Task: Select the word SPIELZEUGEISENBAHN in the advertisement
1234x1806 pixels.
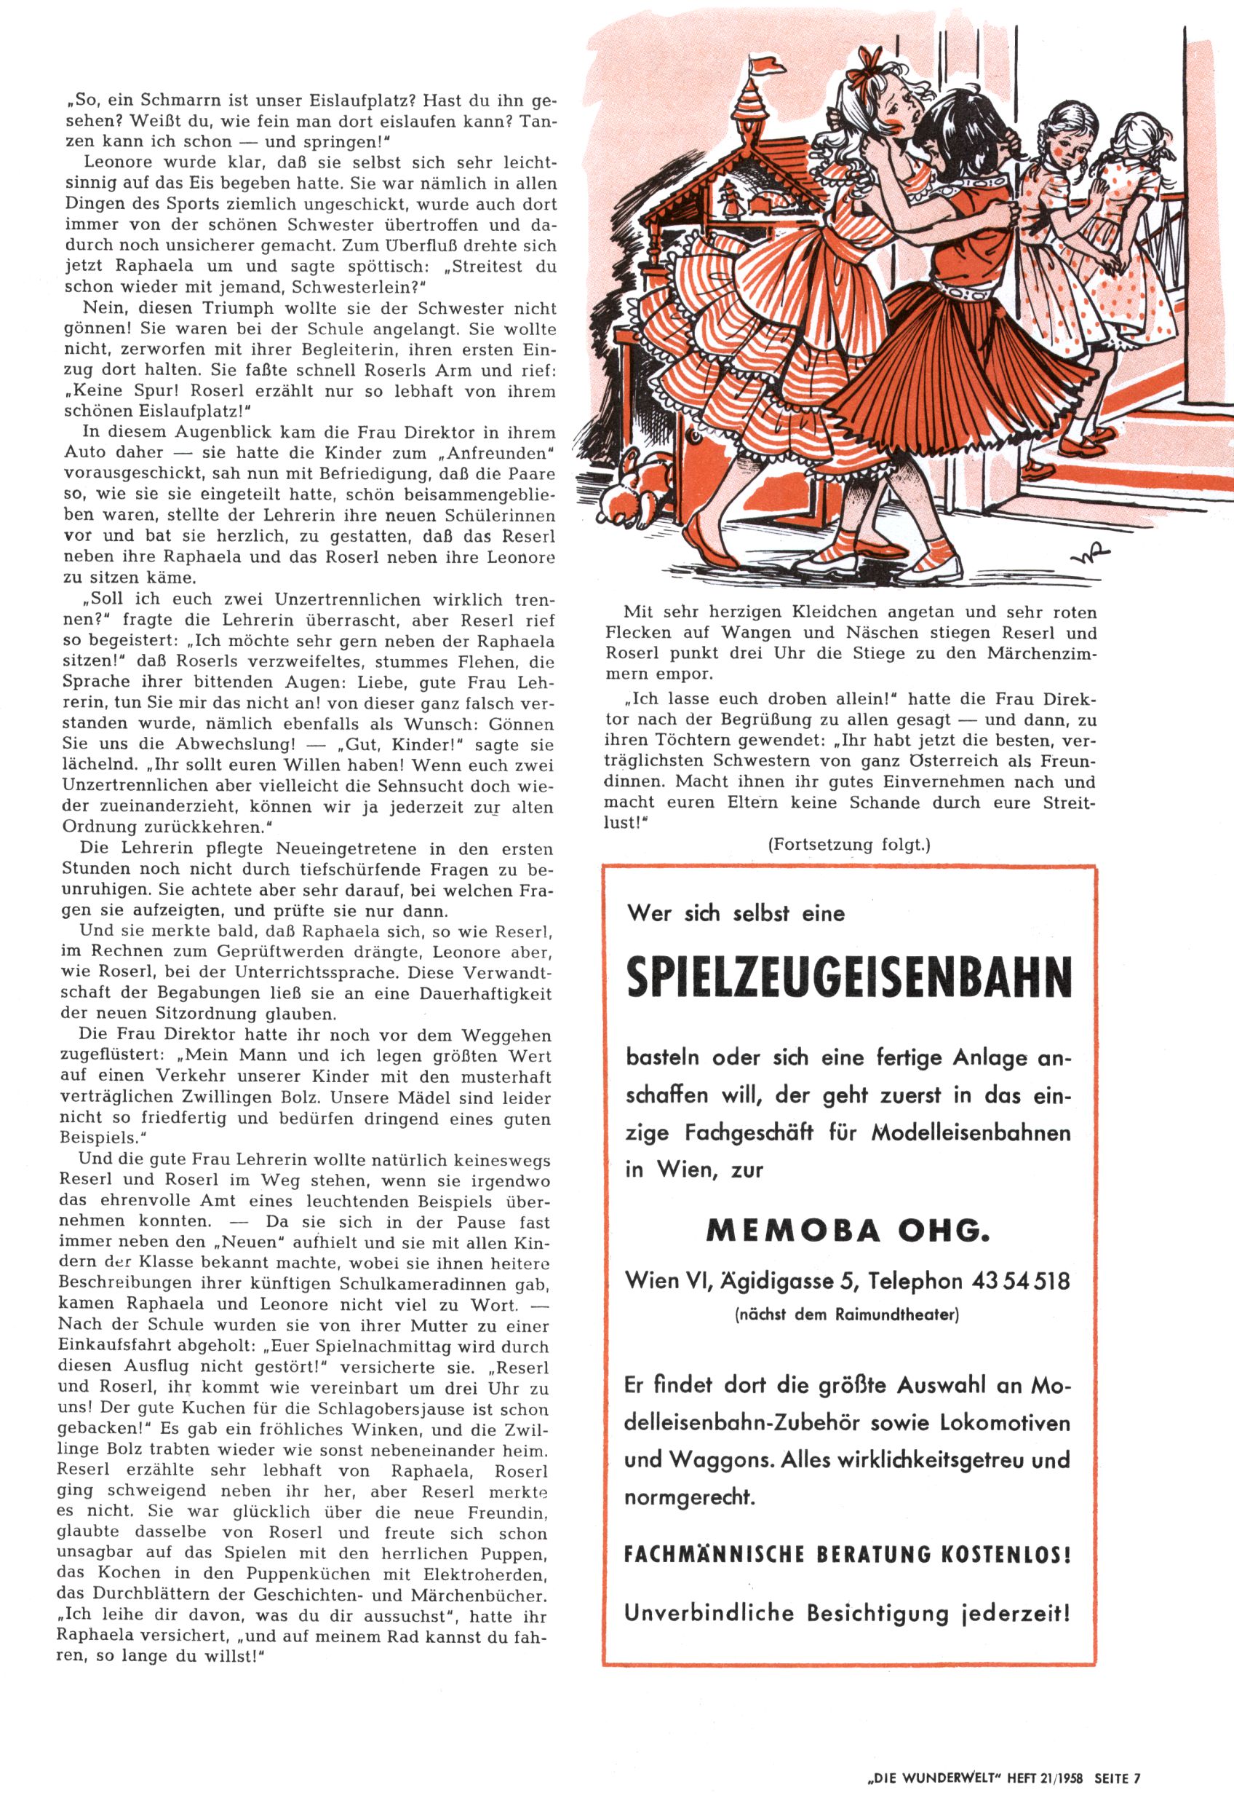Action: point(849,977)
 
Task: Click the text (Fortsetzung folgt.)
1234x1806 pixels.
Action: point(849,845)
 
